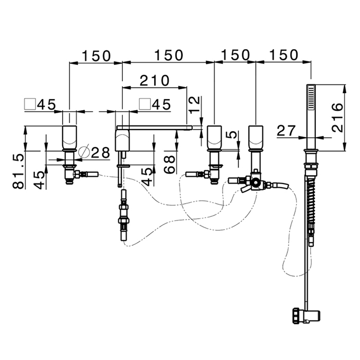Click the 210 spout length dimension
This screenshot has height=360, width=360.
(154, 80)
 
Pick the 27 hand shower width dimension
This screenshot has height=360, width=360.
(286, 130)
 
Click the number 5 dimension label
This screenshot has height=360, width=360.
(233, 137)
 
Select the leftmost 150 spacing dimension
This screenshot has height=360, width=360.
(96, 56)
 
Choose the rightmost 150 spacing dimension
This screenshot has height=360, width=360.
(283, 55)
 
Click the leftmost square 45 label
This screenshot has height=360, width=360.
(41, 104)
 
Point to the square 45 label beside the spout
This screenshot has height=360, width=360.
(155, 104)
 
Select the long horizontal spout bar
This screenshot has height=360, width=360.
(154, 127)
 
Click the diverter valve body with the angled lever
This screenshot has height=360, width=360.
(254, 183)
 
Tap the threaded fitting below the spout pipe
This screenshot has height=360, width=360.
(124, 211)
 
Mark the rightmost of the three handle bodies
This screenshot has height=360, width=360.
(256, 136)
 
